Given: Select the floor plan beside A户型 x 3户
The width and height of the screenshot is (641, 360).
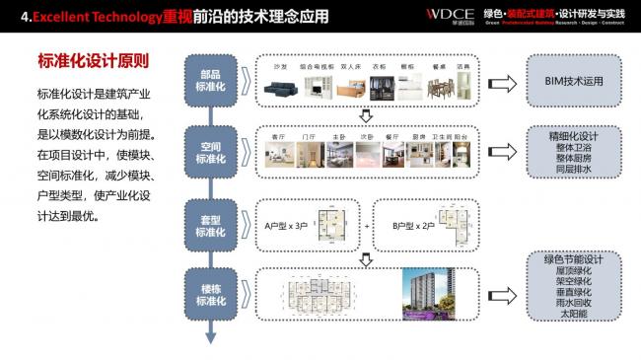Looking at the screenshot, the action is (330, 226).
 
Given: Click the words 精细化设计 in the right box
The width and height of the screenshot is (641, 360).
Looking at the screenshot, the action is (574, 135).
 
